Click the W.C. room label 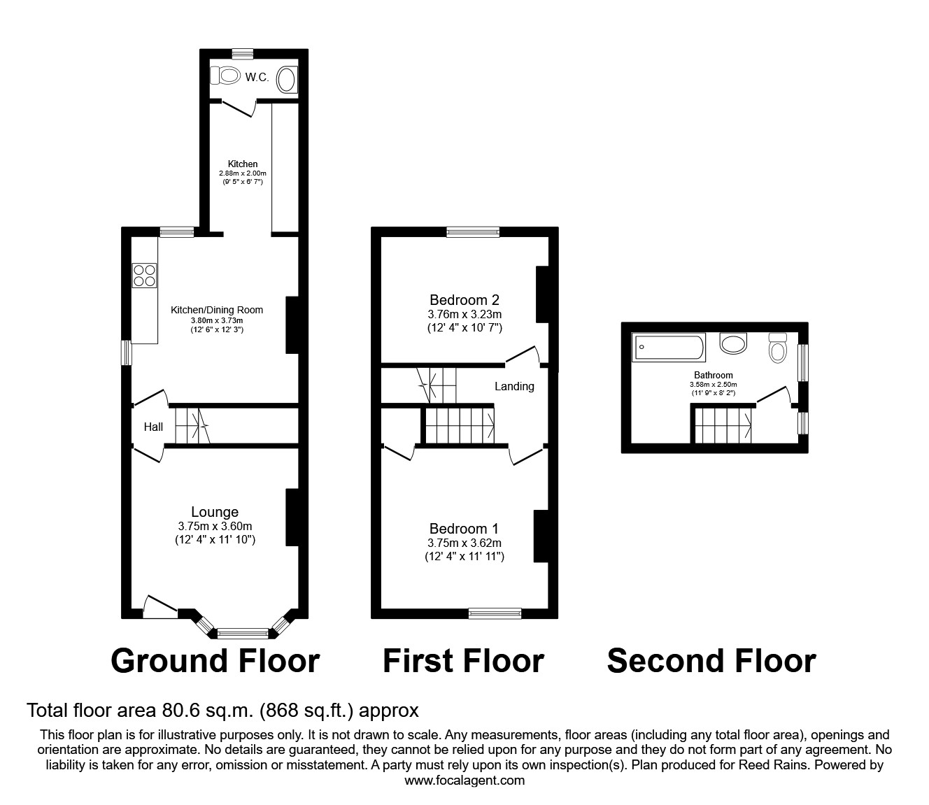point(257,78)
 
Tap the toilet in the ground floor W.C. point(225,75)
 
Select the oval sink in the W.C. point(287,80)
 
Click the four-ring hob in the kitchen point(145,274)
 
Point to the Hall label point(153,427)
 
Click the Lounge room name point(215,512)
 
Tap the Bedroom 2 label point(464,300)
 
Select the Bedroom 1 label point(464,529)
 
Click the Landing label point(514,386)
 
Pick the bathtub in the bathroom point(668,348)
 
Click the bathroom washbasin point(734,343)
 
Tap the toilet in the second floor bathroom point(777,347)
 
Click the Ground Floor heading point(215,660)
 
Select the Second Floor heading point(711,660)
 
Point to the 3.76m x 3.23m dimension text point(464,314)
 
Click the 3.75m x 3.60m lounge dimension point(215,527)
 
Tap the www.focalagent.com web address point(464,781)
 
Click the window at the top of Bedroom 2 point(473,232)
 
